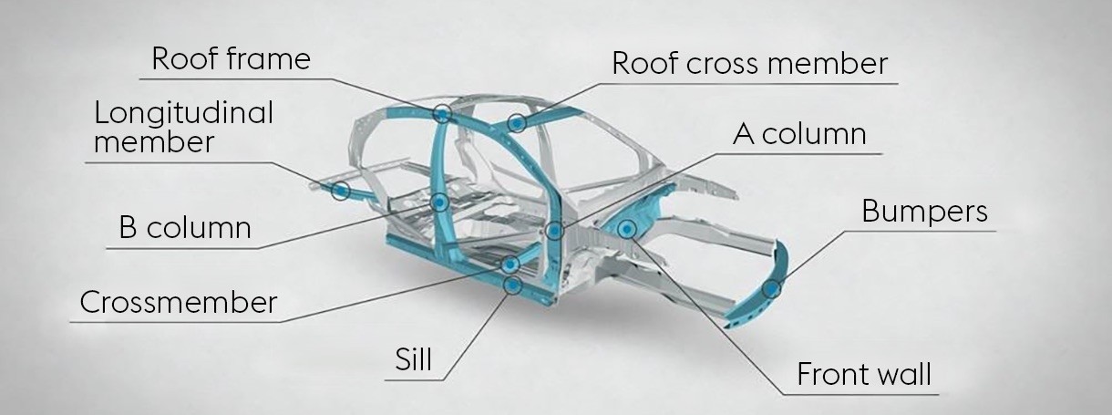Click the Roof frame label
pos(231,59)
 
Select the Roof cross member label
pos(749,64)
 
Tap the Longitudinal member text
pos(183,127)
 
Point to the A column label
pos(798,135)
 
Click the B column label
pos(184,227)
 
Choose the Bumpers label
pos(924,212)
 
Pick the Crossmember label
pos(178,302)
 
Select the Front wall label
pos(864,374)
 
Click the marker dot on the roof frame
pos(443,113)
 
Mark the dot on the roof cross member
pos(517,121)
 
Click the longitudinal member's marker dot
pos(340,190)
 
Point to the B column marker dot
pos(440,202)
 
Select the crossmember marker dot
pos(511,264)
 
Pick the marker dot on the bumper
pos(773,290)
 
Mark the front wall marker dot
pos(627,228)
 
